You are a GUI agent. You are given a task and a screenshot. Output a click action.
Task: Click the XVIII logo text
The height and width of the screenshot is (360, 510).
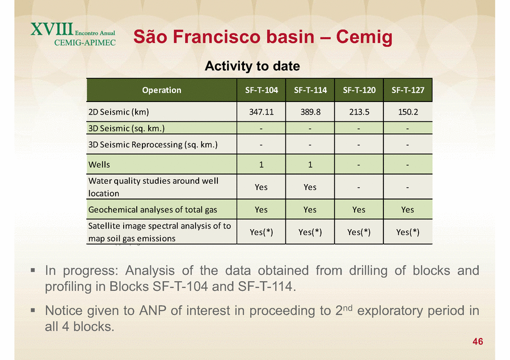pyautogui.click(x=52, y=29)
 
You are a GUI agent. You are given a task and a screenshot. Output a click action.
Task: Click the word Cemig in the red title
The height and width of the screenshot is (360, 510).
pyautogui.click(x=364, y=36)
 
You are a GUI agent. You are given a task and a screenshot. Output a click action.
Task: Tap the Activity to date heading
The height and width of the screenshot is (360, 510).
pyautogui.click(x=252, y=66)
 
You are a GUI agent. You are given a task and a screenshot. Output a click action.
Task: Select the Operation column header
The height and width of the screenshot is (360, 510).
pyautogui.click(x=162, y=90)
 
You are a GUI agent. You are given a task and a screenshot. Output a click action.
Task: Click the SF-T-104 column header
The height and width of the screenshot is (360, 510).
pyautogui.click(x=262, y=90)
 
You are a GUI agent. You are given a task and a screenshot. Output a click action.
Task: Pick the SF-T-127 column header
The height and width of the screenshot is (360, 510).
pyautogui.click(x=408, y=90)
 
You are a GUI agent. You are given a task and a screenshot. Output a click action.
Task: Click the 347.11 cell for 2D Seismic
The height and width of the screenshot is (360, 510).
pyautogui.click(x=262, y=112)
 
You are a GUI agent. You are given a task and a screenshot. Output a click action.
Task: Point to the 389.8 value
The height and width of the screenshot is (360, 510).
pyautogui.click(x=310, y=112)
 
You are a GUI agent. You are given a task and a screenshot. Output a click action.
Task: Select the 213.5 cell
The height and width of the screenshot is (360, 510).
pyautogui.click(x=359, y=112)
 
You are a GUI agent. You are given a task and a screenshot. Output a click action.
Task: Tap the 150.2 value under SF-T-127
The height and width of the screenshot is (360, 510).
pyautogui.click(x=408, y=112)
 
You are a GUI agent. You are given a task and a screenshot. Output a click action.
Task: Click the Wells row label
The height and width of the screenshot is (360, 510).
pyautogui.click(x=99, y=164)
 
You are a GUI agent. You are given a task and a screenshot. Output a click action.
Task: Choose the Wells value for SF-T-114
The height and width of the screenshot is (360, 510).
pyautogui.click(x=310, y=164)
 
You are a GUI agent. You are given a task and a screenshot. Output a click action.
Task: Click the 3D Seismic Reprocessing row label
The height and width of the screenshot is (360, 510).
pyautogui.click(x=153, y=144)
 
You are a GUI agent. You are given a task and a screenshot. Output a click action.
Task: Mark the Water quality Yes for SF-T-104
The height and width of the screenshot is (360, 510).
pyautogui.click(x=261, y=187)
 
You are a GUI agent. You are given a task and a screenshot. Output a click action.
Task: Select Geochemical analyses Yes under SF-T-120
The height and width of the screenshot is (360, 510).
pyautogui.click(x=359, y=210)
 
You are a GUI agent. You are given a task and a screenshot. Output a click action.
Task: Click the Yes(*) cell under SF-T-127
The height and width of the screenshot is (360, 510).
pyautogui.click(x=408, y=232)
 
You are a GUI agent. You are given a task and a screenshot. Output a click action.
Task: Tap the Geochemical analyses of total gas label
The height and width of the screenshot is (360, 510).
pyautogui.click(x=153, y=210)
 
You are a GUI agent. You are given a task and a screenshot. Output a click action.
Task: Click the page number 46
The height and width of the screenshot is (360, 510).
pyautogui.click(x=478, y=341)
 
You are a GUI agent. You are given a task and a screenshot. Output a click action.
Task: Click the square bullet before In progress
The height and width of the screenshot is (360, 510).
pyautogui.click(x=33, y=270)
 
